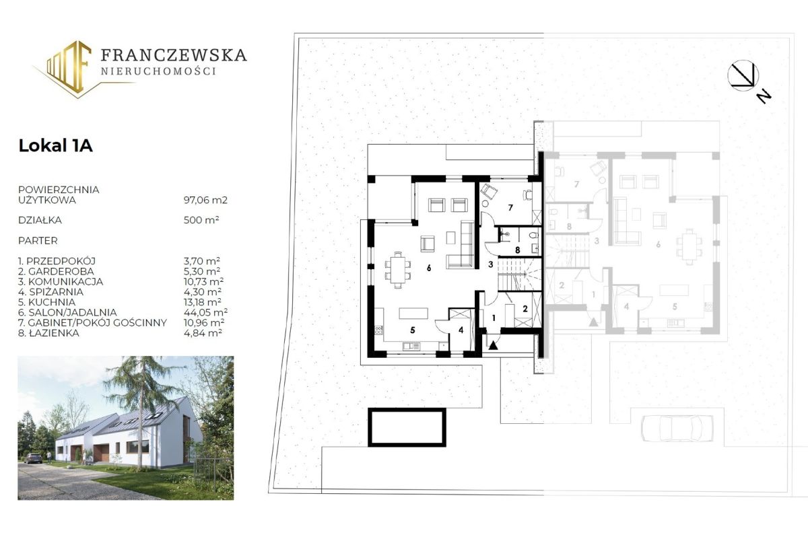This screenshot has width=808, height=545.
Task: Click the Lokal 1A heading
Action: point(55,146)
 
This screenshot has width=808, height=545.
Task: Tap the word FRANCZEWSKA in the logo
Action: point(174,54)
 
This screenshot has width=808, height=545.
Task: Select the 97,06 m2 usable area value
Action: point(205,200)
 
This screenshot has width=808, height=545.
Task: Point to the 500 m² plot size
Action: point(201,220)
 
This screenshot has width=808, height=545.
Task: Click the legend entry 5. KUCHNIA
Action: point(47,302)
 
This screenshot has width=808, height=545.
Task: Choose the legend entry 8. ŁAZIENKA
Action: point(48,332)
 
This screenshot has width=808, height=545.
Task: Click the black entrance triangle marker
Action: point(493,346)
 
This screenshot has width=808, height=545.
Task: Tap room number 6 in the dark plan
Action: point(429,268)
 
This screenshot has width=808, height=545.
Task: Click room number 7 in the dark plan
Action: point(510,208)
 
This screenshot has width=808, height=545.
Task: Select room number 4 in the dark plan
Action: point(461,330)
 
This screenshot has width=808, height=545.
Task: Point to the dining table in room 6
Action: point(398,270)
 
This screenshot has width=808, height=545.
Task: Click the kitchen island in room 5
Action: point(413,314)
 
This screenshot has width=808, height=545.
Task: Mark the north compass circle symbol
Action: point(743,75)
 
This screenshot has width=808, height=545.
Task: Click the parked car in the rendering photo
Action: point(33,458)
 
